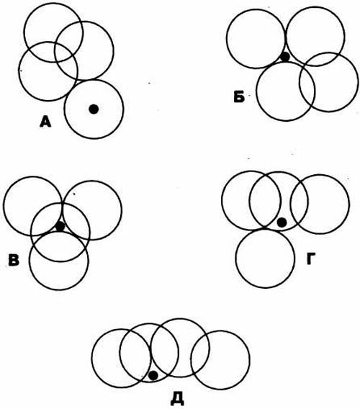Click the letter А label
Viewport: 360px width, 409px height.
45,122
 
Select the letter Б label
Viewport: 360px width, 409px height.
239,97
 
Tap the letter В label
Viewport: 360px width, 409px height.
14,260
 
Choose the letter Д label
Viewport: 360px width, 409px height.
177,400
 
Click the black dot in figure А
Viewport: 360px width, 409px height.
94,109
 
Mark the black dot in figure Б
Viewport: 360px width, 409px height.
285,57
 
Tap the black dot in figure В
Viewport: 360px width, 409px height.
60,226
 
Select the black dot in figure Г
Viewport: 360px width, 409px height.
282,223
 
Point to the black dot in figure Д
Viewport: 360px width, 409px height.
153,376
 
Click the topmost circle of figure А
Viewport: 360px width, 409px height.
53,3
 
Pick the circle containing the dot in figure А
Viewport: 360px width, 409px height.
94,80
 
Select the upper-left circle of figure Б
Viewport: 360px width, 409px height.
256,9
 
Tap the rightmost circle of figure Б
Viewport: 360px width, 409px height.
358,82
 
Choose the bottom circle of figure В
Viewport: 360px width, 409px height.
59,289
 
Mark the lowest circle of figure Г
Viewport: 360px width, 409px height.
265,288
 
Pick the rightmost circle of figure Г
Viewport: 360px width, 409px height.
348,204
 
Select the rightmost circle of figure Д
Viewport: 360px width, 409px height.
250,360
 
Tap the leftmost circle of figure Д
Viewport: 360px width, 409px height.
92,359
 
